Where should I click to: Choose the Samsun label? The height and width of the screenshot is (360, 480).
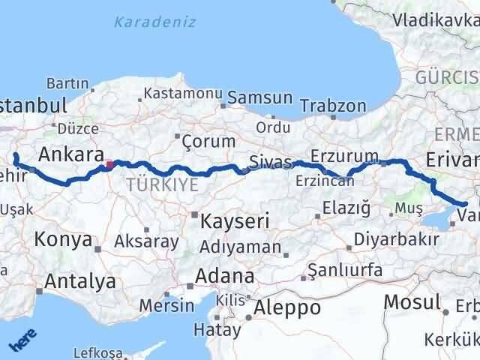click(259, 97)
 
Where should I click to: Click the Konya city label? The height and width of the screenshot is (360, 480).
click(63, 240)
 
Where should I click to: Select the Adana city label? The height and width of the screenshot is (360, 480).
click(224, 275)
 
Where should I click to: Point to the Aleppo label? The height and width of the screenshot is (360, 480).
click(287, 307)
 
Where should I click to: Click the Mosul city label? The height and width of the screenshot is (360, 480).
click(412, 302)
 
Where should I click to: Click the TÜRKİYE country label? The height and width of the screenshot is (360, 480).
click(163, 184)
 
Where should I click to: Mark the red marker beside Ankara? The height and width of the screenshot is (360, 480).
click(109, 164)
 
